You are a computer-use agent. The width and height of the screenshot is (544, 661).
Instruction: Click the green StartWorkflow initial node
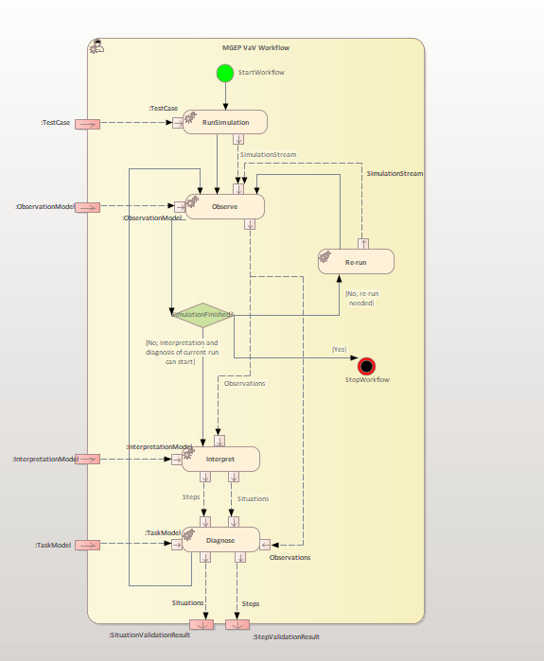[224, 73]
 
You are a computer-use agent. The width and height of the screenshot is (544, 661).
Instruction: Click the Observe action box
[224, 206]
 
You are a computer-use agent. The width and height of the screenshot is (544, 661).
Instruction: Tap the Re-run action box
[356, 261]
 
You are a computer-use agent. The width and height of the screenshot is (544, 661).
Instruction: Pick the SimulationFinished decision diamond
[202, 314]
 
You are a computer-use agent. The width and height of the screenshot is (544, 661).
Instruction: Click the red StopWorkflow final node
[367, 366]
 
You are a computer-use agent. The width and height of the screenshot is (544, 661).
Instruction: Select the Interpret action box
[220, 460]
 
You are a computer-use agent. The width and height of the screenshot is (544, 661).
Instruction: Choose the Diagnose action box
[220, 540]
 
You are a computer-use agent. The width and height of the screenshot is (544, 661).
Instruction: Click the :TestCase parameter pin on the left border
[87, 123]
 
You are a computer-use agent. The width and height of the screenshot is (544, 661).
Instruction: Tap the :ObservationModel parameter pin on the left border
[87, 206]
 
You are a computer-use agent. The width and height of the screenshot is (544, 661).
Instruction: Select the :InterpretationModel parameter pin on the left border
[87, 459]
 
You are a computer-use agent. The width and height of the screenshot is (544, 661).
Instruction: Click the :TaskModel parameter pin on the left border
[87, 545]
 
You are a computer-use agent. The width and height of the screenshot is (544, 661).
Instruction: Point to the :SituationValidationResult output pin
[202, 624]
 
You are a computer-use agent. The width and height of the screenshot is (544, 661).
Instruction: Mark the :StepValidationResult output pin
[237, 624]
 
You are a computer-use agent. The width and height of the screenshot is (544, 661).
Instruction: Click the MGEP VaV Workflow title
[255, 47]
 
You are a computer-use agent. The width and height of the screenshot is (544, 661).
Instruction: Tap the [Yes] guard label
[339, 349]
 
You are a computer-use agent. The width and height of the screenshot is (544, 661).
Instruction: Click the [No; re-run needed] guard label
[359, 298]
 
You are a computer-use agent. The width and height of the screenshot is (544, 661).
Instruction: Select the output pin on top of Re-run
[362, 243]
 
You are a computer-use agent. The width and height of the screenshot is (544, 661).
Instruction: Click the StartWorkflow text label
[261, 73]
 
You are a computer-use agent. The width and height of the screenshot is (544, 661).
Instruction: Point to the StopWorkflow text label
[367, 380]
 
